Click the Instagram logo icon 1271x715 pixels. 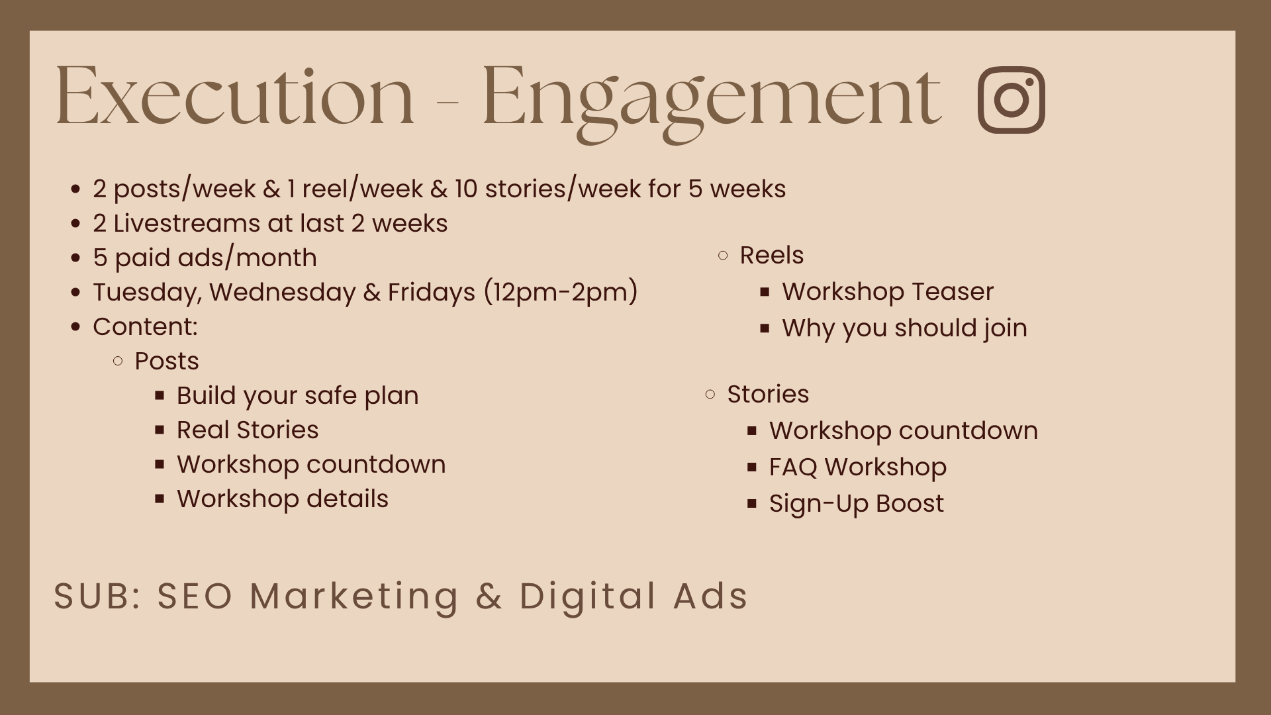pos(1011,99)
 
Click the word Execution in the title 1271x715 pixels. pos(234,96)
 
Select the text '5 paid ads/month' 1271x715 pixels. pos(205,258)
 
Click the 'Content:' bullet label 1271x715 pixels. pos(145,326)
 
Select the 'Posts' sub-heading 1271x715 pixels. pos(167,361)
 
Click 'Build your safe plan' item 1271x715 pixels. pos(298,396)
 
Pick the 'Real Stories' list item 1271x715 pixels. pos(248,430)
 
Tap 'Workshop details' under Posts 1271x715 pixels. pos(283,499)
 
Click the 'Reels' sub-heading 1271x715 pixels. pos(772,255)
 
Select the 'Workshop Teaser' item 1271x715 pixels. pos(888,291)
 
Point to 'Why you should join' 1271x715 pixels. pos(905,328)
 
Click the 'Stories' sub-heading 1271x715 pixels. pos(768,394)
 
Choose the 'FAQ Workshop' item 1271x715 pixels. pos(858,467)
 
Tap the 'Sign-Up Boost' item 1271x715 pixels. pos(857,504)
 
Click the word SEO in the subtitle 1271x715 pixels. pos(195,595)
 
